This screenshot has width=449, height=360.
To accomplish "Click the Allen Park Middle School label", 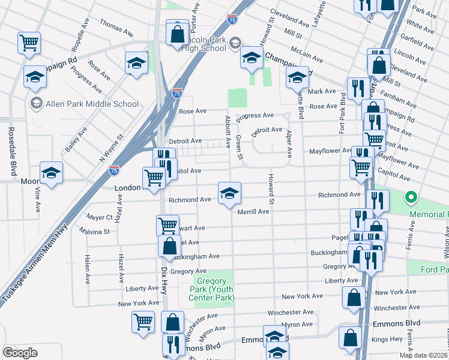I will (92, 104).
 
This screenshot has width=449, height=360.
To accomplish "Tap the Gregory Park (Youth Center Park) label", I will (213, 288).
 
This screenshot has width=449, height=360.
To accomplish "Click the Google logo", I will (20, 352).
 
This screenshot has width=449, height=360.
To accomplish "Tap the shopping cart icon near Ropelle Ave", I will (29, 43).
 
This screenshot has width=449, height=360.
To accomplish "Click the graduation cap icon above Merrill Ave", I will (229, 194).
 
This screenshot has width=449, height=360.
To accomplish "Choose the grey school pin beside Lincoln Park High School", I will (235, 42).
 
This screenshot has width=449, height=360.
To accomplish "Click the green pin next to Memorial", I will (411, 197).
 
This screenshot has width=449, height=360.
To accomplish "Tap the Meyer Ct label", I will (100, 217).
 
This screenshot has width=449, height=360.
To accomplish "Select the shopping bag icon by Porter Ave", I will (178, 34).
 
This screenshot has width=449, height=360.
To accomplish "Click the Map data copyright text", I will (424, 355).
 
